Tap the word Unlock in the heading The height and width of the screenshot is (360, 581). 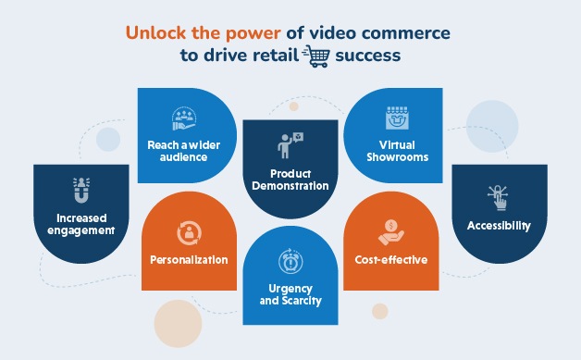click(155, 33)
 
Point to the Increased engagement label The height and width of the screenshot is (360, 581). click(79, 225)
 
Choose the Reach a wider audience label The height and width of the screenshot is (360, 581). click(176, 151)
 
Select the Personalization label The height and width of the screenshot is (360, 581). click(189, 260)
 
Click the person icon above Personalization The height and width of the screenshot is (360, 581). click(189, 231)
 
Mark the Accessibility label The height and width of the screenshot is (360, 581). click(498, 225)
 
